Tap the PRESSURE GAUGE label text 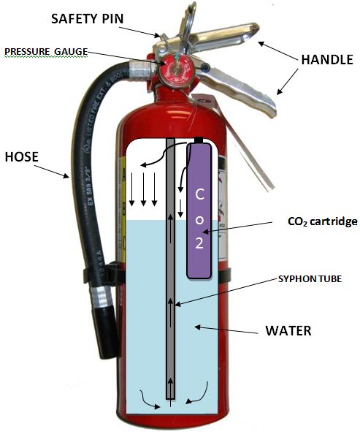[x=46, y=51]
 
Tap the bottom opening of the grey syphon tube [x=170, y=398]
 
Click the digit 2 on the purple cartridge [x=199, y=244]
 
